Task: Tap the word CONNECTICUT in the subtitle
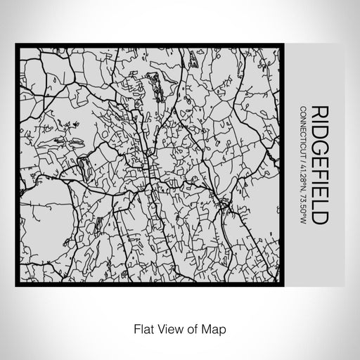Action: coord(302,131)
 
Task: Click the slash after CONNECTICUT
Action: coord(302,159)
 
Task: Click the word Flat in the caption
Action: coord(139,328)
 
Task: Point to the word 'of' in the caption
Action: coord(187,328)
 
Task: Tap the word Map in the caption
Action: coord(209,328)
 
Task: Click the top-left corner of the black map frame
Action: coord(18,46)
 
